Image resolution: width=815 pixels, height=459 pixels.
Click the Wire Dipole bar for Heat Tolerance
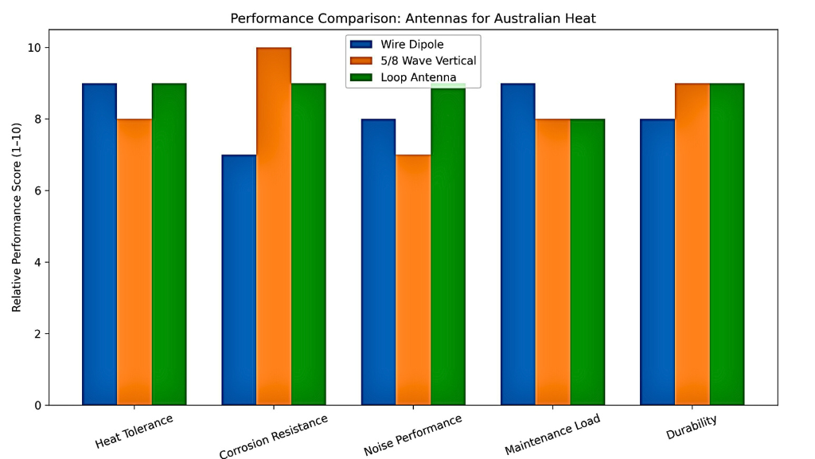tap(99, 244)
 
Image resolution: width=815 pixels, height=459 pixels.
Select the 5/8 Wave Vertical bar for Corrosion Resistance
tap(274, 226)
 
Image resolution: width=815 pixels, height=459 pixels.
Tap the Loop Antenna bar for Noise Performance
tap(448, 244)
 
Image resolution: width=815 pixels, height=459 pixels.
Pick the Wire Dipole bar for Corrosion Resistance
tap(239, 280)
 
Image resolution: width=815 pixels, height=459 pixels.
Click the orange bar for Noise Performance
tap(413, 280)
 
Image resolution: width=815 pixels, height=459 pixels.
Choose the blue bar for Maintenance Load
tap(518, 244)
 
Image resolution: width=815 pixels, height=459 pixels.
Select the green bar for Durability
tap(727, 244)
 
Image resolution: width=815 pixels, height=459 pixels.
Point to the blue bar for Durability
tap(657, 262)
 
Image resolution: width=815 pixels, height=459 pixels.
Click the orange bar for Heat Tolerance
tap(135, 262)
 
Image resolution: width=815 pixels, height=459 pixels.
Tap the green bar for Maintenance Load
tap(587, 262)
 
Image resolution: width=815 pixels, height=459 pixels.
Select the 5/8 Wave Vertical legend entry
tap(427, 61)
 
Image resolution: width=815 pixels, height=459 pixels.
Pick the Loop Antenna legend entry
tap(418, 77)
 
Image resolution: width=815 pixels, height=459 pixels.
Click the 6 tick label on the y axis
tap(38, 191)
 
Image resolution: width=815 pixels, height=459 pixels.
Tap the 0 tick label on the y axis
tap(38, 406)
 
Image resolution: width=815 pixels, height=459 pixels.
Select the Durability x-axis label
tap(692, 428)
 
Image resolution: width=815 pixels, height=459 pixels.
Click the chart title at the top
tap(412, 18)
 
